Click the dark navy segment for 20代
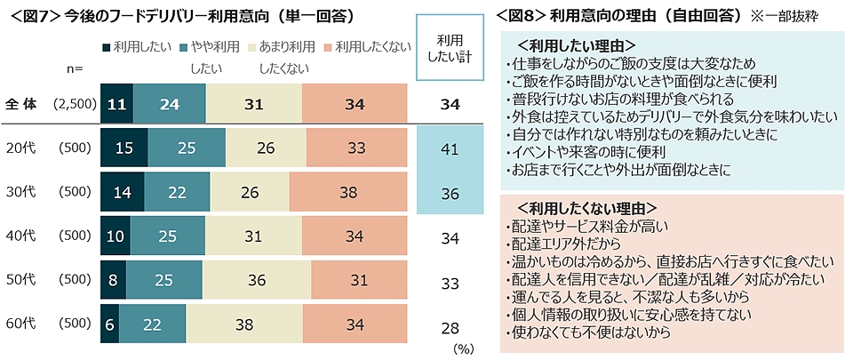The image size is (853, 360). coord(124,147)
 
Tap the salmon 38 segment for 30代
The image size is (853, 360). coord(348,190)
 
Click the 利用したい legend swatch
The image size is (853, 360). coord(107,47)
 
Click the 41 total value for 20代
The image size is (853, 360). coord(450,148)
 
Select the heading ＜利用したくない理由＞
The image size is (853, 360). coord(586,207)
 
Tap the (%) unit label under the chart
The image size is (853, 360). coord(464,349)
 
